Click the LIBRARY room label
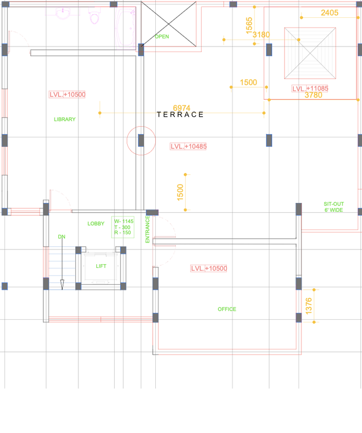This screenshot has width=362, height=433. (x=64, y=119)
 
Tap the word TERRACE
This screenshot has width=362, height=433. (x=180, y=114)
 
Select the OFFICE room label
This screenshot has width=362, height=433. (x=227, y=309)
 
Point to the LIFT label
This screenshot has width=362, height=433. (x=101, y=266)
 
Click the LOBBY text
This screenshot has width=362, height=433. (x=96, y=224)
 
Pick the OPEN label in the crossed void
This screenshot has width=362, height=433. (x=162, y=36)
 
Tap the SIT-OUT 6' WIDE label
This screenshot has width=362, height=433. (x=333, y=207)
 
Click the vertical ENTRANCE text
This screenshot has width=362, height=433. (x=147, y=229)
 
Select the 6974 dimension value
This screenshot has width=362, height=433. (x=182, y=108)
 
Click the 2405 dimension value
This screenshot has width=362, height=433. (x=330, y=12)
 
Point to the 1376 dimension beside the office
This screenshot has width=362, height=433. (x=309, y=306)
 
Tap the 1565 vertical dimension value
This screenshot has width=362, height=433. (x=249, y=25)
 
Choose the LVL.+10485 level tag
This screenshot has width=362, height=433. (x=188, y=146)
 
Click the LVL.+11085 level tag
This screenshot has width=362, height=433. (x=310, y=89)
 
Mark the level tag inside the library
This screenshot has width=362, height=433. (x=67, y=94)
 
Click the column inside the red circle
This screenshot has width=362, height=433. (x=141, y=140)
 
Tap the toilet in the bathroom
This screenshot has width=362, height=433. (x=95, y=17)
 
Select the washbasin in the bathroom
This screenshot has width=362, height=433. (x=63, y=14)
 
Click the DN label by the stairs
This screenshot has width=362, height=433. (x=62, y=237)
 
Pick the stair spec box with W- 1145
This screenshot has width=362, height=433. (x=123, y=227)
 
